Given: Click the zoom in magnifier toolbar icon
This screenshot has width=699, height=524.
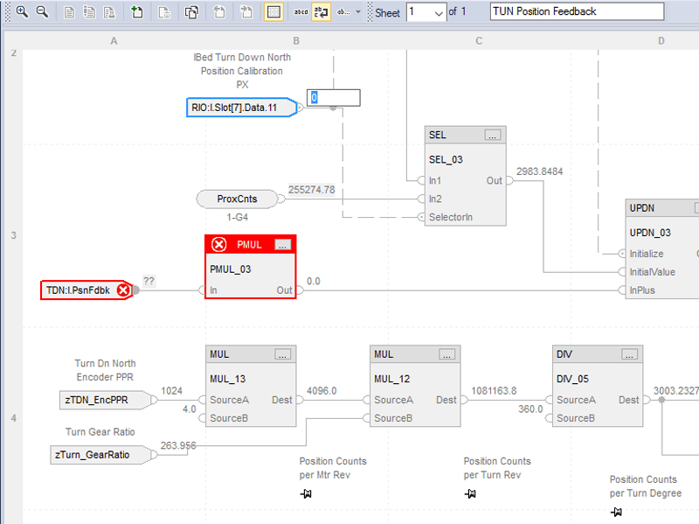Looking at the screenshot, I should point(22,11).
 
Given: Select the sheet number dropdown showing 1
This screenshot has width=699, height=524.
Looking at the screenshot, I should point(426,12).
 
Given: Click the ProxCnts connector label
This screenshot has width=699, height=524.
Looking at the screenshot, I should point(238,199).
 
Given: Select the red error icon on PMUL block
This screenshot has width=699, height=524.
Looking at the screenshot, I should point(219,244).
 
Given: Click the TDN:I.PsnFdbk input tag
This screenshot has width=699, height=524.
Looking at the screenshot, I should point(79,290).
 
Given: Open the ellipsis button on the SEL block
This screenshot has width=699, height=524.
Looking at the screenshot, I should point(493,135).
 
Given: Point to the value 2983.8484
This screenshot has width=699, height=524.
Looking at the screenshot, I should point(539,171).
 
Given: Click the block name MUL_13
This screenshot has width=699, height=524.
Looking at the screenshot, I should point(227,379).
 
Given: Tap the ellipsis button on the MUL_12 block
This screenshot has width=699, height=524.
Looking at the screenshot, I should point(447,354).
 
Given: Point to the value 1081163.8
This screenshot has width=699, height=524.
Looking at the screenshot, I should point(494,391).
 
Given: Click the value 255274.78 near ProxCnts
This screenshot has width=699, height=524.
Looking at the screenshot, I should point(311,189).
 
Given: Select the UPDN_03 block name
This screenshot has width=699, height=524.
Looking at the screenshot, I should point(650,234).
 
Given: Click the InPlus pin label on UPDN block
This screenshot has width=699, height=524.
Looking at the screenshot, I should point(645,290).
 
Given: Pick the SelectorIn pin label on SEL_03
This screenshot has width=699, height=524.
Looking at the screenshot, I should point(450,216).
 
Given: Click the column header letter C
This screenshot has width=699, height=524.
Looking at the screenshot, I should point(479,41).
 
